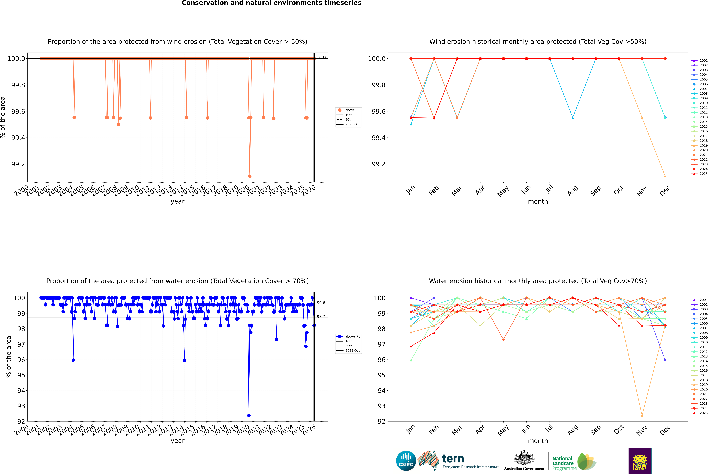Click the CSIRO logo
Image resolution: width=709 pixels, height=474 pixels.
tap(406, 461)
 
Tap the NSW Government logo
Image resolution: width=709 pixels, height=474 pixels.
tap(640, 461)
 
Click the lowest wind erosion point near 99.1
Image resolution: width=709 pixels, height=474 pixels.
tap(250, 176)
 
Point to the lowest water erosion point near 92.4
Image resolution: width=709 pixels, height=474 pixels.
tap(249, 415)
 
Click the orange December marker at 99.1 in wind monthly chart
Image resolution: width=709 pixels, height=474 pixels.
tap(665, 176)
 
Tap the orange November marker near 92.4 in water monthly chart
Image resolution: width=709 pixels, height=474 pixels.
tap(642, 415)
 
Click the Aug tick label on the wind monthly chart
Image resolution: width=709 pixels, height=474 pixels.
tap(573, 190)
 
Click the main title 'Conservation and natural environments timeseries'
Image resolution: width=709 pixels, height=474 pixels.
tap(271, 3)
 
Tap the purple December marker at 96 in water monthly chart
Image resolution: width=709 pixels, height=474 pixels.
tap(665, 360)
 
